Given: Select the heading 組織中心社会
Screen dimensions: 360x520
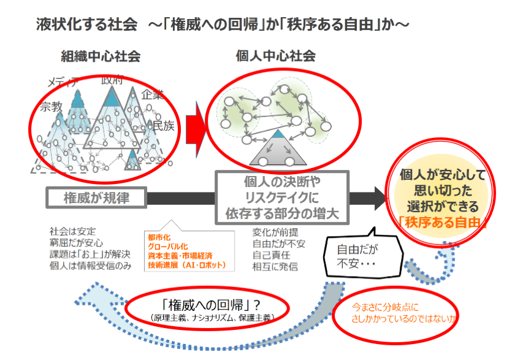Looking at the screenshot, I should [101, 57].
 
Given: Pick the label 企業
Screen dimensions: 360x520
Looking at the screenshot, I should [153, 95].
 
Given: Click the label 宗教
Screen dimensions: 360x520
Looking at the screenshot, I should [52, 107].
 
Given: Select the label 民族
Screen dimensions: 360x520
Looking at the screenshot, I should [164, 126].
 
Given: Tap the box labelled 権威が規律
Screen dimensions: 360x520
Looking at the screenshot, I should [96, 197].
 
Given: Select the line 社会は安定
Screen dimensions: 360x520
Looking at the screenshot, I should [72, 232].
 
